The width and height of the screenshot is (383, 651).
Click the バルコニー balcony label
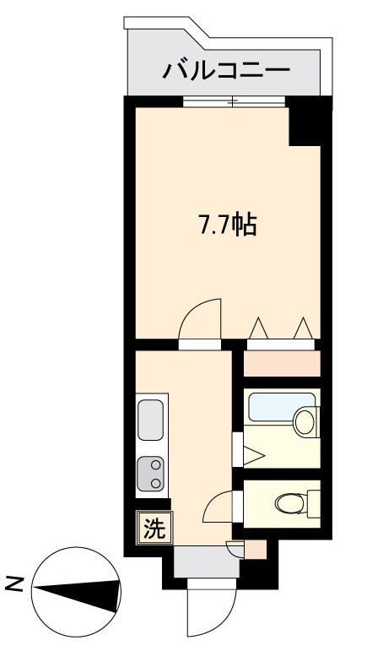click(x=226, y=71)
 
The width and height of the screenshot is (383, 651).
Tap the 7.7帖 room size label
click(x=229, y=225)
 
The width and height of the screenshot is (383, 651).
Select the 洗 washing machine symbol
click(x=154, y=528)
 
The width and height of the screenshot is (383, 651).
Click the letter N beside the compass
click(x=15, y=584)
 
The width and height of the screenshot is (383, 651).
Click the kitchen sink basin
click(x=150, y=420)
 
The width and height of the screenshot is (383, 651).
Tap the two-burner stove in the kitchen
click(x=151, y=474)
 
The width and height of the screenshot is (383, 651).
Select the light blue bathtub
click(x=281, y=407)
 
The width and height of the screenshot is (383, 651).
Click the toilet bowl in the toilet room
click(x=291, y=503)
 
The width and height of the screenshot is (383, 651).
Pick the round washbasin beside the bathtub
click(x=305, y=421)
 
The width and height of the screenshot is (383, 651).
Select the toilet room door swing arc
click(x=212, y=500)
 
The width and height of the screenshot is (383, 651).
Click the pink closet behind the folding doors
click(x=282, y=364)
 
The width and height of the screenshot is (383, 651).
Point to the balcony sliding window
click(x=234, y=101)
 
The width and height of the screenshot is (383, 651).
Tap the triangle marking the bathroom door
click(x=253, y=455)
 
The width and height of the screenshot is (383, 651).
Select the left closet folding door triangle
click(x=258, y=328)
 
